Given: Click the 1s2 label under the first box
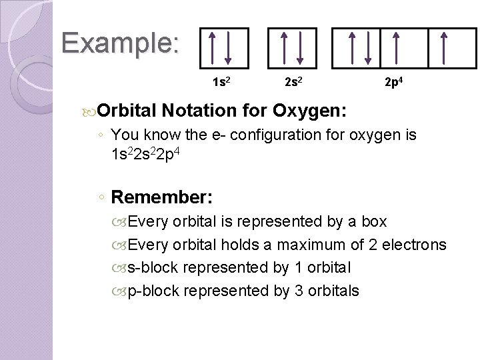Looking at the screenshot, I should click(x=223, y=83).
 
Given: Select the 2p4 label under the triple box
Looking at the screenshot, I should click(x=393, y=83).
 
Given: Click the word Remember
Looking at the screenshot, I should click(x=162, y=197).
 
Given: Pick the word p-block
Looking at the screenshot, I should click(x=153, y=291).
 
